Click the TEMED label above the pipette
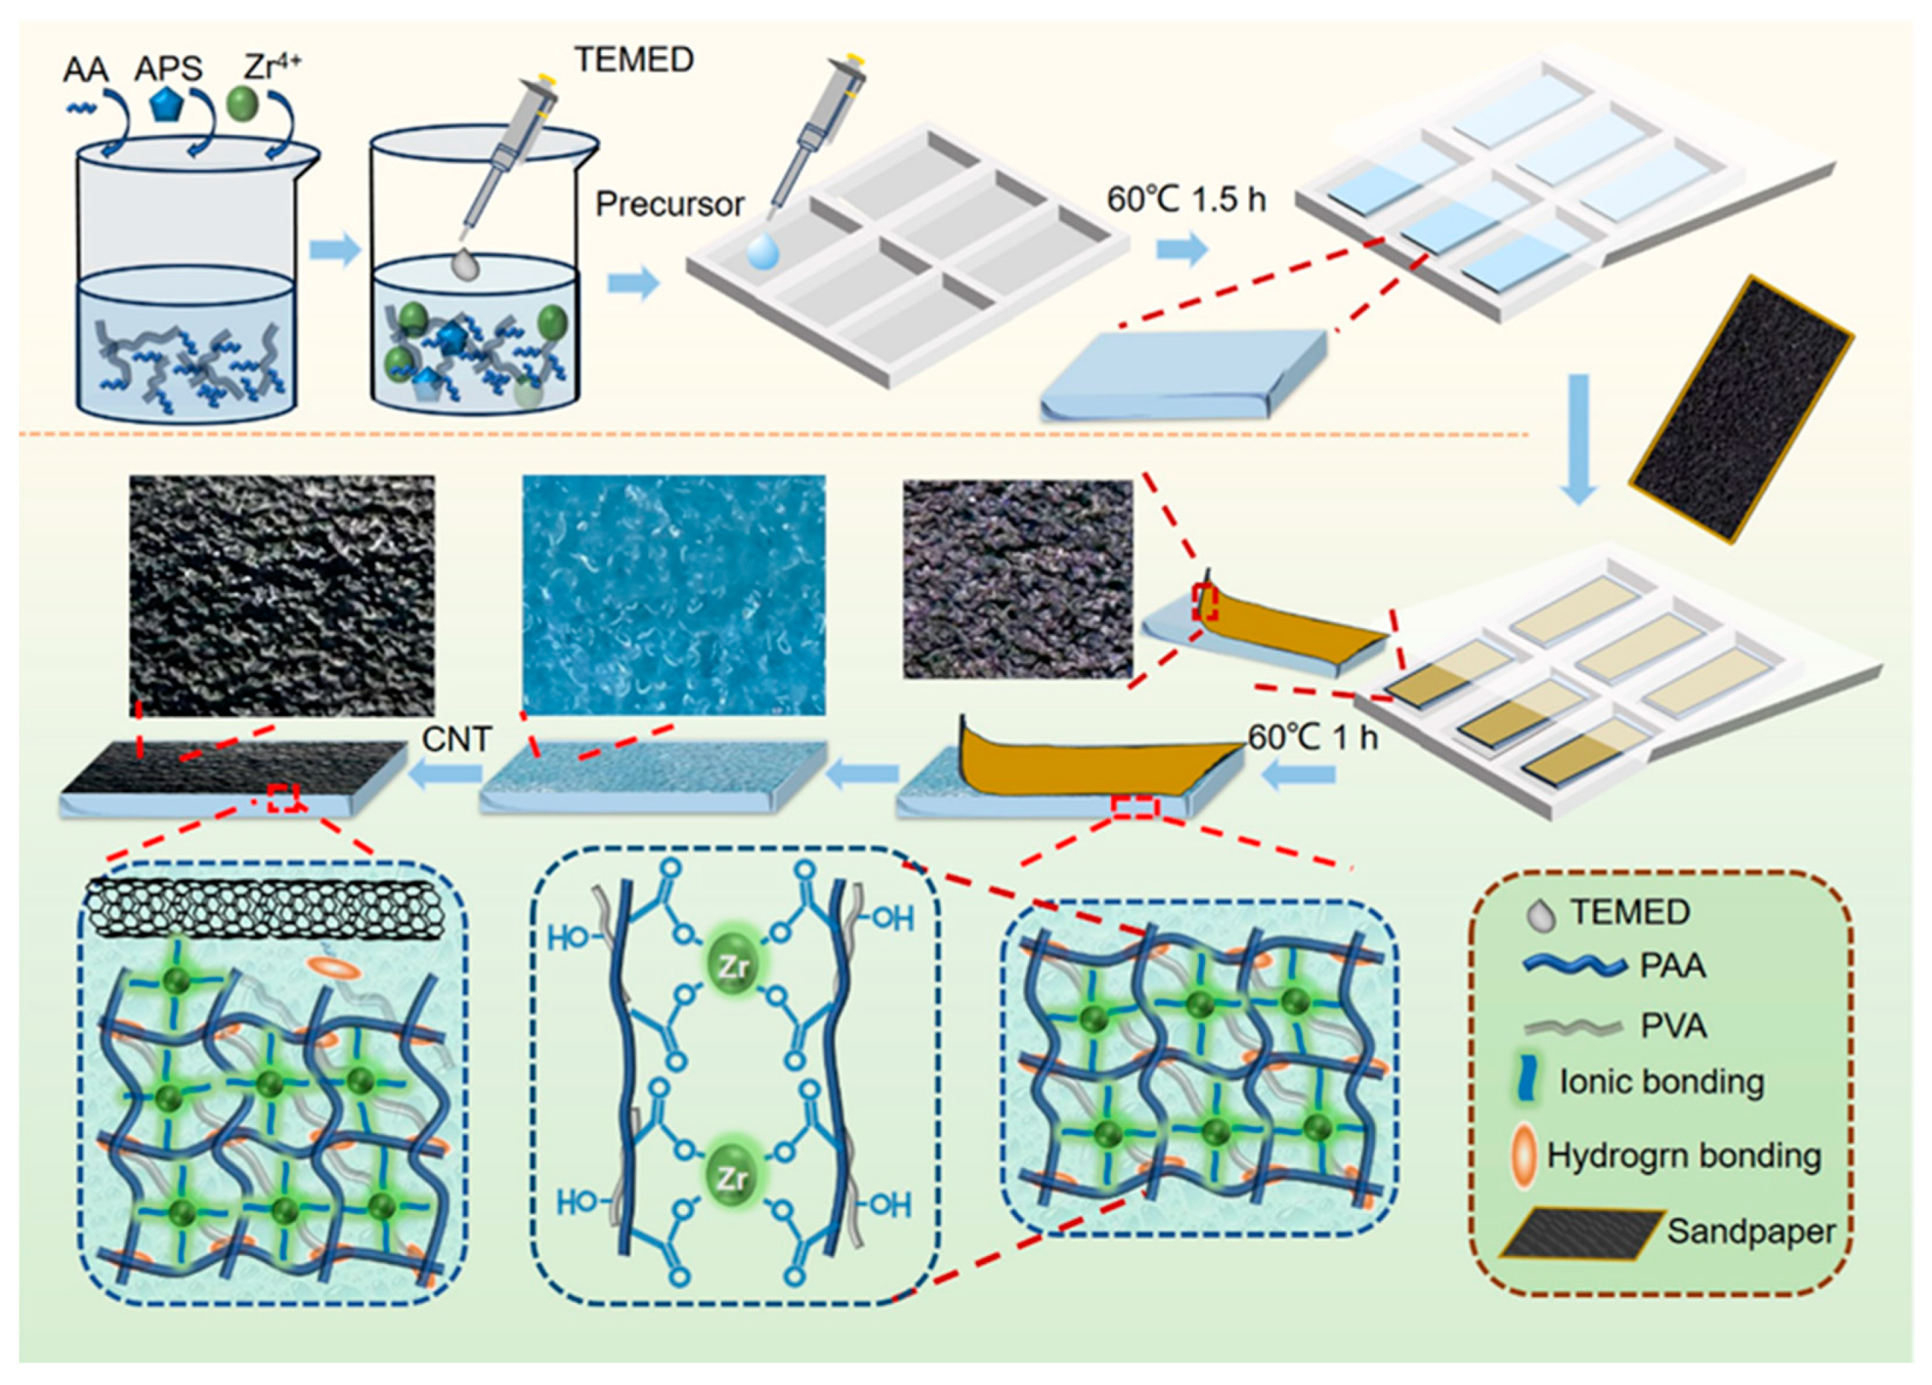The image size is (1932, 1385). click(634, 59)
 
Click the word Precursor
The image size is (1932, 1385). click(670, 204)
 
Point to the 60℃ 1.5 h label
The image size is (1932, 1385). click(1186, 199)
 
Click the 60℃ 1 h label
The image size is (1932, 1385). click(1312, 738)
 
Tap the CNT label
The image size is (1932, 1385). click(457, 739)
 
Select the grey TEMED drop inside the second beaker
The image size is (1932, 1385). click(465, 265)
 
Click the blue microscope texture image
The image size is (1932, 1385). click(673, 594)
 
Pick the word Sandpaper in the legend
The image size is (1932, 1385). click(1750, 1231)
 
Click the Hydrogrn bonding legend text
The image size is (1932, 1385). click(1684, 1156)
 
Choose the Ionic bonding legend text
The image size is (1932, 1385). click(1660, 1082)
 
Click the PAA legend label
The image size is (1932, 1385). click(1673, 966)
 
